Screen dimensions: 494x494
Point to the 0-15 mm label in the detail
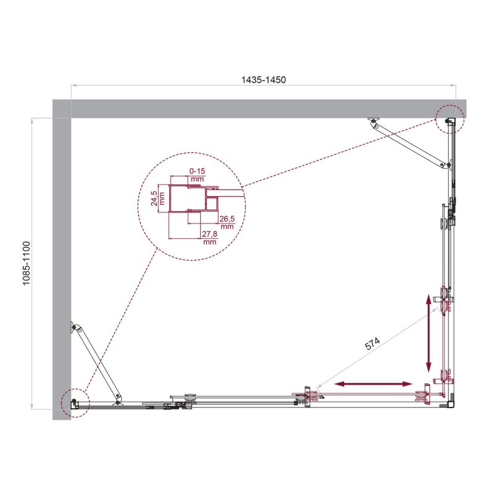pyautogui.click(x=197, y=174)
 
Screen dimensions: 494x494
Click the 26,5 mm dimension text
pyautogui.click(x=227, y=220)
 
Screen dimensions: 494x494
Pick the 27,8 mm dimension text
pyautogui.click(x=209, y=238)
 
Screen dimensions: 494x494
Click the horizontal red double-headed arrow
pyautogui.click(x=373, y=384)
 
